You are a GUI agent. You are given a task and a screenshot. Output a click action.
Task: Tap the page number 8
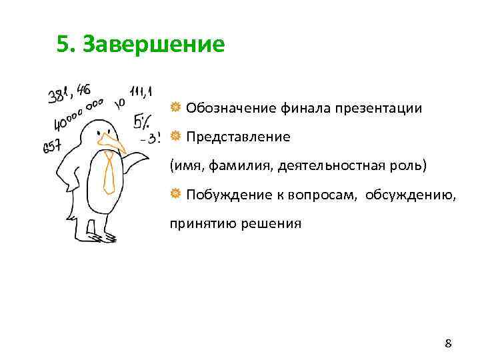pos(448,344)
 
